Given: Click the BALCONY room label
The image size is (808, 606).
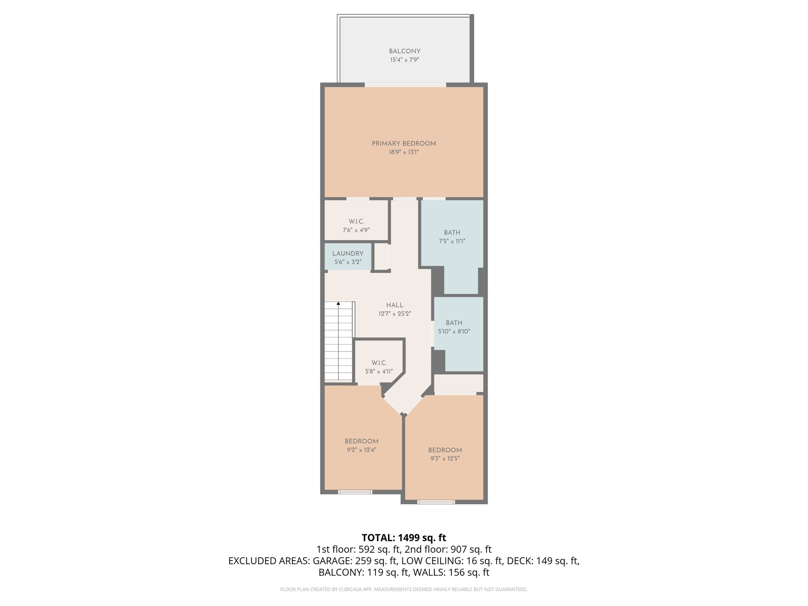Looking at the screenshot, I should pyautogui.click(x=404, y=51).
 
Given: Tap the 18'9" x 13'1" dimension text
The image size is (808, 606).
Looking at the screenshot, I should pyautogui.click(x=404, y=152).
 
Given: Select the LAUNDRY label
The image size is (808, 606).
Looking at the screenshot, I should pyautogui.click(x=348, y=254).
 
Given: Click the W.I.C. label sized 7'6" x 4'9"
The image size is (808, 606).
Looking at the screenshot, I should pyautogui.click(x=356, y=222).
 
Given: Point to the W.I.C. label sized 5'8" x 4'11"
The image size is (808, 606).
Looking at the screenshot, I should pyautogui.click(x=379, y=363).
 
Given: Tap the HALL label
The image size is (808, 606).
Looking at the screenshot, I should pyautogui.click(x=395, y=305).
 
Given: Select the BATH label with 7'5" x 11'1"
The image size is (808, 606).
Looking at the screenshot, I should pyautogui.click(x=452, y=233).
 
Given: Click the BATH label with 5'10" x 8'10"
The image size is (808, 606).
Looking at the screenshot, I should pyautogui.click(x=454, y=323).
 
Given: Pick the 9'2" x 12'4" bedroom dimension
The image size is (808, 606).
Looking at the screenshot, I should pyautogui.click(x=361, y=450).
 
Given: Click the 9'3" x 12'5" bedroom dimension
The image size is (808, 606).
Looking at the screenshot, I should pyautogui.click(x=445, y=458).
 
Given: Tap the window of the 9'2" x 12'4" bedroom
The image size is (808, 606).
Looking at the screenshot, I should pyautogui.click(x=355, y=492).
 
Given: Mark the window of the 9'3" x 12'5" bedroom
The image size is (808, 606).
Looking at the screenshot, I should pyautogui.click(x=436, y=502).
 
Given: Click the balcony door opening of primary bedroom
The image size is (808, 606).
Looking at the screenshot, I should pyautogui.click(x=405, y=85).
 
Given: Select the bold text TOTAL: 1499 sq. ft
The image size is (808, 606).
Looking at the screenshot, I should pyautogui.click(x=404, y=538).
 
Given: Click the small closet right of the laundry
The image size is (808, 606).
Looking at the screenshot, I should pyautogui.click(x=382, y=257).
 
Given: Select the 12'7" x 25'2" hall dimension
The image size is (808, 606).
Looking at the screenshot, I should pyautogui.click(x=395, y=314).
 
